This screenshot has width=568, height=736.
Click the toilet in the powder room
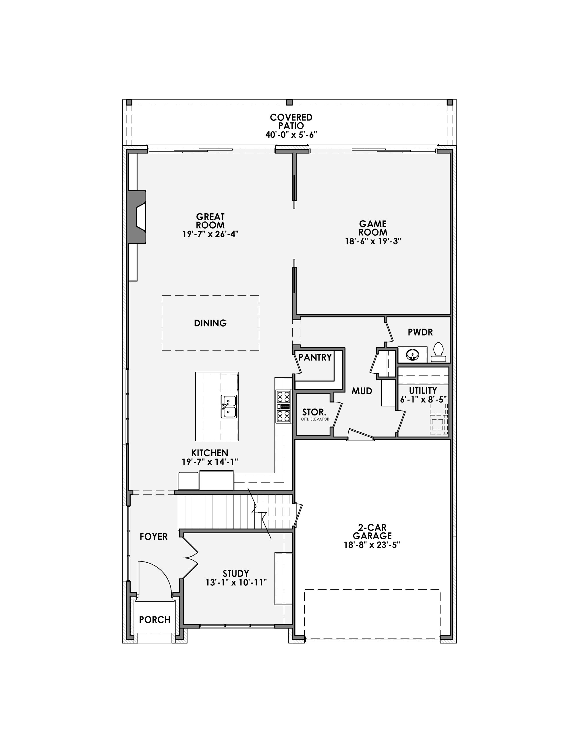click(x=438, y=352)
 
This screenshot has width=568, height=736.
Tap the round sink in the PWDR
click(x=412, y=354)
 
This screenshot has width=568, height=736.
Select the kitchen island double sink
click(x=229, y=407)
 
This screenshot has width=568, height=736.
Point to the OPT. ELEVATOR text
click(x=315, y=419)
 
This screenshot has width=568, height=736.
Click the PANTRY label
click(x=315, y=357)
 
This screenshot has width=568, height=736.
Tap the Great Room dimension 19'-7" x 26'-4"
click(x=210, y=234)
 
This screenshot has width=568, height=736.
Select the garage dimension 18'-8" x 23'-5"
click(x=372, y=545)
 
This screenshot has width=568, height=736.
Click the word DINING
click(x=210, y=323)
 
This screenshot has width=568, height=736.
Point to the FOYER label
click(x=154, y=536)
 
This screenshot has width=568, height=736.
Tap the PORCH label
click(x=154, y=619)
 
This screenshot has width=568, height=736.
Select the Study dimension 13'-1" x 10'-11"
click(x=236, y=582)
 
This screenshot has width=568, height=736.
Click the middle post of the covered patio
click(x=289, y=102)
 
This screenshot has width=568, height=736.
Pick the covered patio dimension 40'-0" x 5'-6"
click(x=291, y=135)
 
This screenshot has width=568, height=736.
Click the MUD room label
click(x=362, y=391)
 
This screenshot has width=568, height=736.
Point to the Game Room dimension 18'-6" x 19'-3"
click(x=373, y=241)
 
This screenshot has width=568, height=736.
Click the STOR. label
click(x=314, y=412)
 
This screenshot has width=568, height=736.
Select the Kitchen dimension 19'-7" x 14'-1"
click(x=210, y=462)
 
